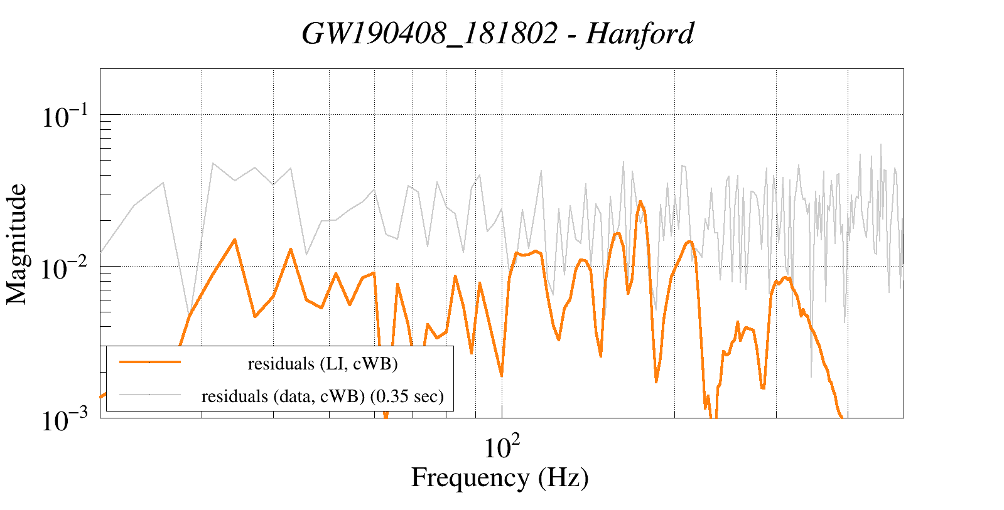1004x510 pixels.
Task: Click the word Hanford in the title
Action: (640, 33)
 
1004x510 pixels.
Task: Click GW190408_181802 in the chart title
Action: (429, 33)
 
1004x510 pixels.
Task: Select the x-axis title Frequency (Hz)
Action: (500, 477)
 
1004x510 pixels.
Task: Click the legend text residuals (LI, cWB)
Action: (323, 363)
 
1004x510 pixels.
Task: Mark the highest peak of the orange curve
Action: (640, 201)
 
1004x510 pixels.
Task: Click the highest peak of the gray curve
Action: (880, 144)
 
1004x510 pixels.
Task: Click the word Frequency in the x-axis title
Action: (469, 477)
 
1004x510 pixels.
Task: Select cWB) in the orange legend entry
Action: (379, 363)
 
